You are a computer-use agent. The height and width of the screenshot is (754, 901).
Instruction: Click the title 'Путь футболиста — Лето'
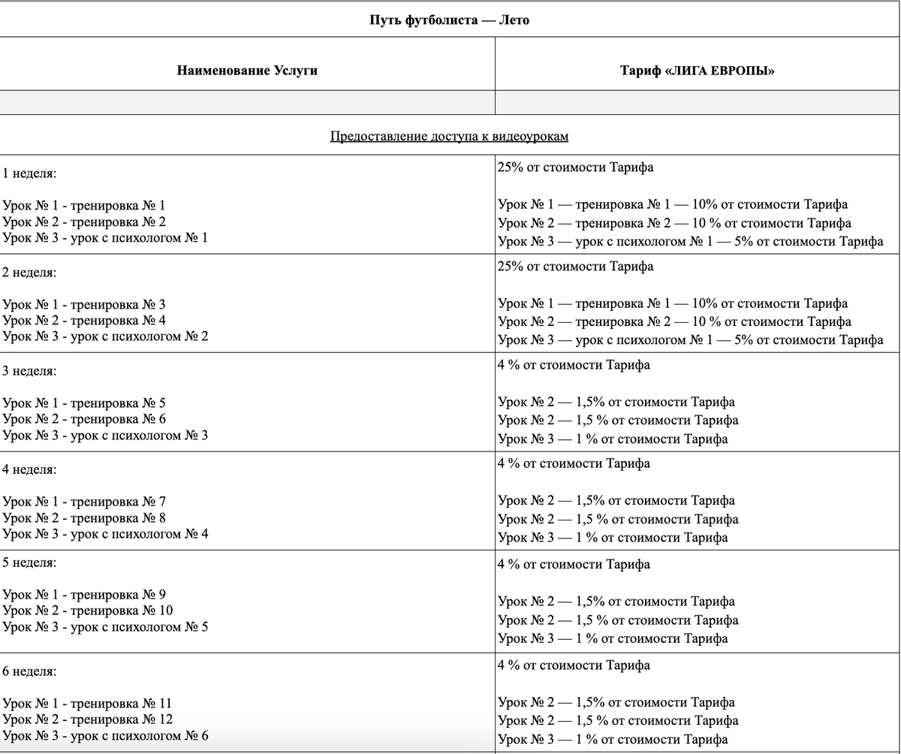[449, 20]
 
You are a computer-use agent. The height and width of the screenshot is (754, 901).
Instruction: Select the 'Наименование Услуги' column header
[247, 71]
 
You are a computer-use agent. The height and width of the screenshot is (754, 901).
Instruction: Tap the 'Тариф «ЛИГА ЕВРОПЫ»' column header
[698, 71]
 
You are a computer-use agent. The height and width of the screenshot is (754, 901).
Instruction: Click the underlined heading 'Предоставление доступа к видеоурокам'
[449, 136]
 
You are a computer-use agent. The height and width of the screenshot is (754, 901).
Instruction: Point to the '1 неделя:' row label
[29, 173]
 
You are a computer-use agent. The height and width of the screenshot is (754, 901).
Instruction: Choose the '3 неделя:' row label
[29, 371]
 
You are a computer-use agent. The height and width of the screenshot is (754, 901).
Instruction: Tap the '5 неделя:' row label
[29, 562]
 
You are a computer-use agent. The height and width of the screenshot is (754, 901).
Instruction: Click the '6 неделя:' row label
[29, 671]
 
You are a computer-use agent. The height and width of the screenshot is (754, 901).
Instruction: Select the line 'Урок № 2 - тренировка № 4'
[84, 320]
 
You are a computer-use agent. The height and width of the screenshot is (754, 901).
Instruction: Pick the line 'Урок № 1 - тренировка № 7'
[84, 501]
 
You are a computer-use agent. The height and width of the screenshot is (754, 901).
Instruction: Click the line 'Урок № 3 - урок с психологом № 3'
[105, 435]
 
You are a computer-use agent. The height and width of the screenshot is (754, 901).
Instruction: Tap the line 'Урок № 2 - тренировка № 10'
[87, 610]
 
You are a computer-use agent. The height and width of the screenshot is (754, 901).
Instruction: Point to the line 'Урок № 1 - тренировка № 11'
[87, 703]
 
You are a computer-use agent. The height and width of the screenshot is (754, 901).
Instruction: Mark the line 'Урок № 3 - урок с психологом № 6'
[105, 735]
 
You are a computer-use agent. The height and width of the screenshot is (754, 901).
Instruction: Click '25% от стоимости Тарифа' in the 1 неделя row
[575, 167]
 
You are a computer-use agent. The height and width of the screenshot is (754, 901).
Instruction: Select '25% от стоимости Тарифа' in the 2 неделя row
[575, 266]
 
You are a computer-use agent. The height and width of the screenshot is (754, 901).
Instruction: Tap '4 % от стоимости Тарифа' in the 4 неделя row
[574, 463]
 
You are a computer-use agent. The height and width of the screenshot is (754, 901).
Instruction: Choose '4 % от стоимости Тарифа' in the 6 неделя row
[574, 665]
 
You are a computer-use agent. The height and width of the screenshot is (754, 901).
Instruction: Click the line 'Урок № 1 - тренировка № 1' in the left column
[84, 205]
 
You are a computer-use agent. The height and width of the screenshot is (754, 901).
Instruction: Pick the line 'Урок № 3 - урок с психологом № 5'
[105, 626]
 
